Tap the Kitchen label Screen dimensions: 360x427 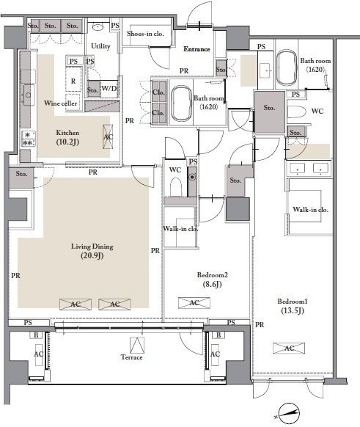[x=67, y=133]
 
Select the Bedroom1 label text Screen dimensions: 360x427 [x=293, y=302]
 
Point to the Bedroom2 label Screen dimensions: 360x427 [x=212, y=275]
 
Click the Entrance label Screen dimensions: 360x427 [x=196, y=49]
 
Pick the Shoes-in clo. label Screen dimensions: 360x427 [x=145, y=34]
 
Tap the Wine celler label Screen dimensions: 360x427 [x=60, y=103]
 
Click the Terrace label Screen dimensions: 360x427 [x=132, y=357]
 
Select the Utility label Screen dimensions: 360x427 [x=100, y=46]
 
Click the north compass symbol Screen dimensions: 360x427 [x=288, y=413]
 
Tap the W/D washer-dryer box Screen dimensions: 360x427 [x=109, y=89]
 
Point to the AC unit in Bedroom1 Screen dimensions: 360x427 [x=289, y=348]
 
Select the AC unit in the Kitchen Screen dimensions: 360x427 [x=108, y=136]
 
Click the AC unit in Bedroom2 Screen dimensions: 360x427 [x=194, y=303]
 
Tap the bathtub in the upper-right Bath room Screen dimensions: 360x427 [x=287, y=67]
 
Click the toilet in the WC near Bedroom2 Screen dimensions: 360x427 [x=176, y=187]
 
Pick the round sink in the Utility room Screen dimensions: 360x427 [x=98, y=27]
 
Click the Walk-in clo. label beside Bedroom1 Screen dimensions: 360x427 [x=310, y=210]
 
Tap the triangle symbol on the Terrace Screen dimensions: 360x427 [x=137, y=346]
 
